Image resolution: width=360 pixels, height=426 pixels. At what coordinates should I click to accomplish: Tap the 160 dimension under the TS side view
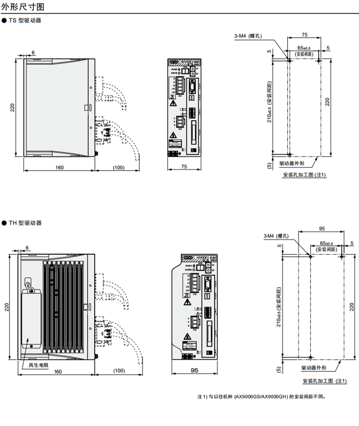tap(59, 167)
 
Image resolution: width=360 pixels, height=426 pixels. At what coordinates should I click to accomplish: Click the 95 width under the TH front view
tap(194, 371)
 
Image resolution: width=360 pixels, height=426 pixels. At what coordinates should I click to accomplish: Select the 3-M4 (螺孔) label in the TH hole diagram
tap(276, 236)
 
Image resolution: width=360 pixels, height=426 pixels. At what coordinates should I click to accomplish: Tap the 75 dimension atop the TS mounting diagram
tap(304, 35)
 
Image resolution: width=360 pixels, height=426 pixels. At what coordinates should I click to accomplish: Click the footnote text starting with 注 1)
tap(261, 396)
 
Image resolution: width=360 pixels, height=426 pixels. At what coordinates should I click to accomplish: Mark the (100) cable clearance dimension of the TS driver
tap(119, 167)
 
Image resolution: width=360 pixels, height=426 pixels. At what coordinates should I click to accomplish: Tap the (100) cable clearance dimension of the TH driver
tap(119, 371)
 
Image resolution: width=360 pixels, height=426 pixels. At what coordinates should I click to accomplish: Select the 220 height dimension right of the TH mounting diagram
tap(351, 307)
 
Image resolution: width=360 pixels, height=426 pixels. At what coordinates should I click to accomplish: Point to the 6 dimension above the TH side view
tap(27, 248)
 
